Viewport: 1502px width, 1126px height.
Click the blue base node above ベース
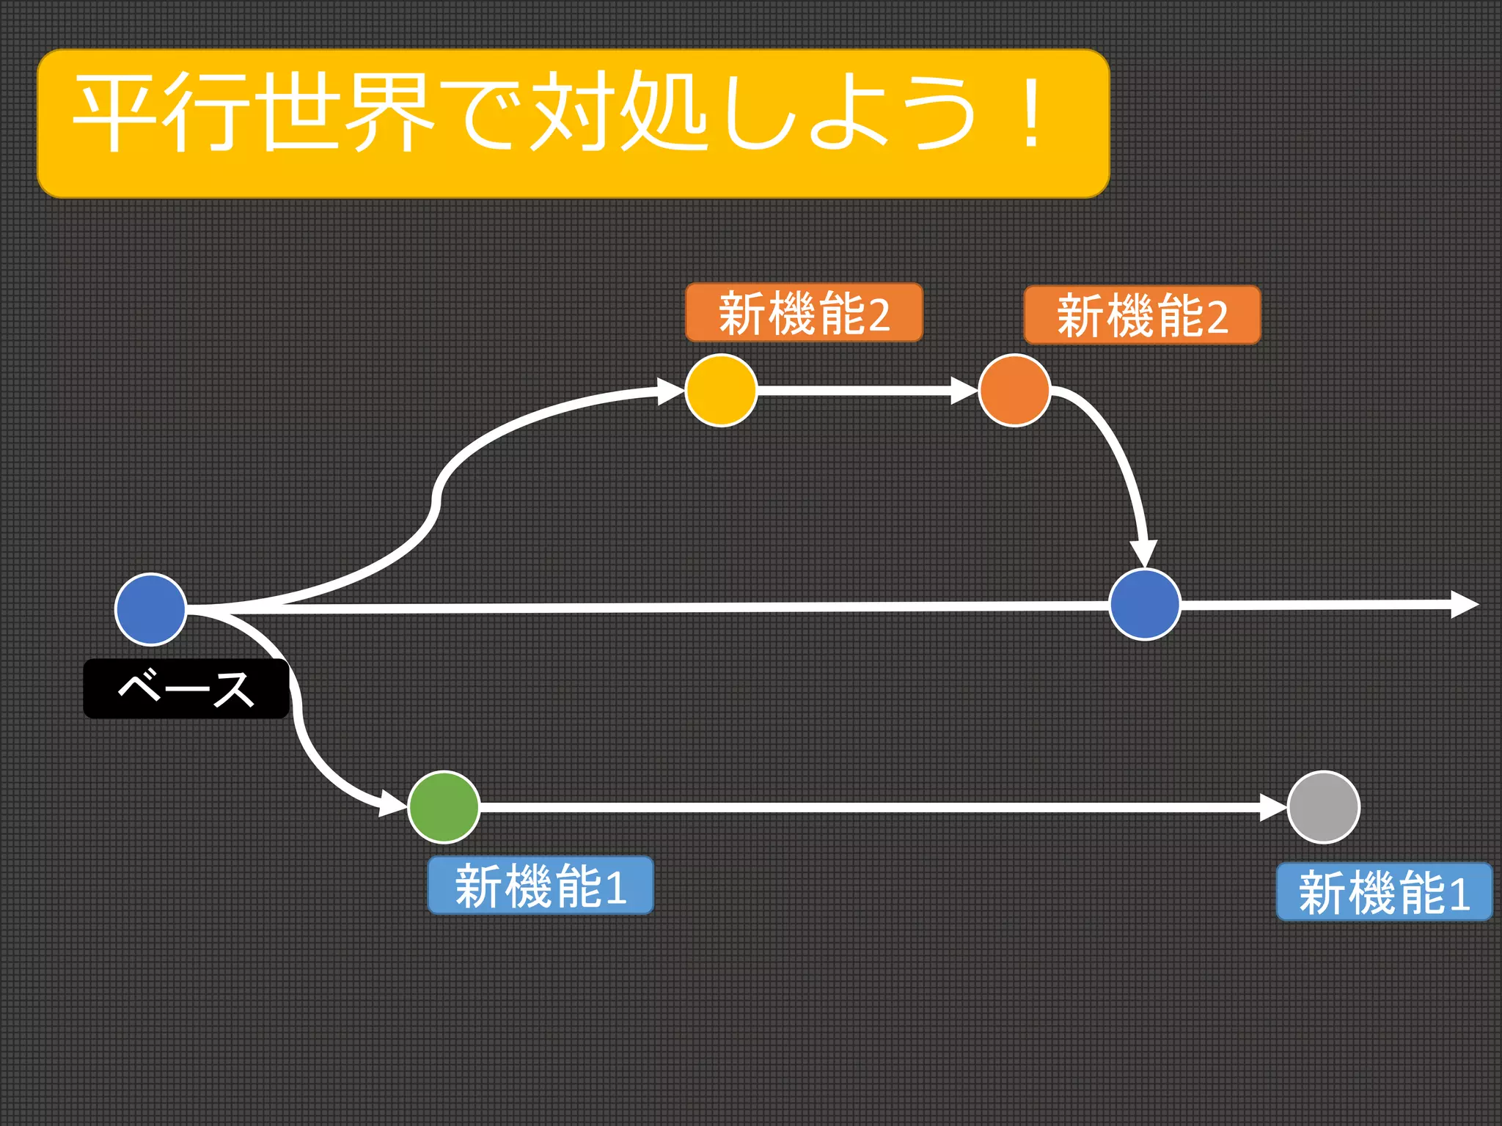[151, 608]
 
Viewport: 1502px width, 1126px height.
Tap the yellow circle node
[721, 390]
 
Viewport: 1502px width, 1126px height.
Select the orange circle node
[1014, 390]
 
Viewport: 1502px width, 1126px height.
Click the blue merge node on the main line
[1144, 604]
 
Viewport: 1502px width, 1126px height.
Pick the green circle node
[444, 807]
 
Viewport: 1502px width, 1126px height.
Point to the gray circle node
[1323, 807]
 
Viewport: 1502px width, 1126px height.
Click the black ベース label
[186, 688]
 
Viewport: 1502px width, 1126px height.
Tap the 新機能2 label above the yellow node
[804, 313]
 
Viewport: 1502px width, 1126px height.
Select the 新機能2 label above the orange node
[1142, 315]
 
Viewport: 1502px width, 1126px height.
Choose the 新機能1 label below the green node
[541, 886]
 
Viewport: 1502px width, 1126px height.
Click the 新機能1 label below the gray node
[1384, 891]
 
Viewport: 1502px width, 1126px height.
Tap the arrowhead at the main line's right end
[1465, 605]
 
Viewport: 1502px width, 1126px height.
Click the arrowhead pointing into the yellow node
[670, 391]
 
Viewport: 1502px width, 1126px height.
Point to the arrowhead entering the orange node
[964, 390]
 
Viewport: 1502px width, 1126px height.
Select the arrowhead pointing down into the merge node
[1143, 553]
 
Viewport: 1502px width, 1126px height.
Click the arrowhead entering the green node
[393, 804]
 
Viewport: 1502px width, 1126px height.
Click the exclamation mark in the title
[1031, 114]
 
